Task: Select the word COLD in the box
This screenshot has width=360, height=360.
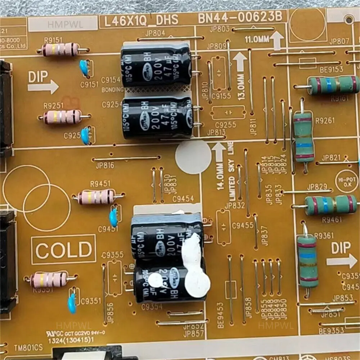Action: [x=64, y=249]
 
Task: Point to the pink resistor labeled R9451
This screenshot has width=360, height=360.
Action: [x=96, y=197]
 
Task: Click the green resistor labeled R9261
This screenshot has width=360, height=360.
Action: [x=303, y=137]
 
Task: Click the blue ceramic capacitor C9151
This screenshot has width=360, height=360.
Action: [x=84, y=67]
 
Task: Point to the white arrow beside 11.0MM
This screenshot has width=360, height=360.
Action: [x=277, y=40]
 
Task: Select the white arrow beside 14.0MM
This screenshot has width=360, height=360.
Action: [x=219, y=152]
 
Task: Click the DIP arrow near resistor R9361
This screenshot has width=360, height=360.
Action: [x=344, y=260]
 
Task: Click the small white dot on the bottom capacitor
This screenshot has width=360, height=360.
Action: [x=156, y=280]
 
